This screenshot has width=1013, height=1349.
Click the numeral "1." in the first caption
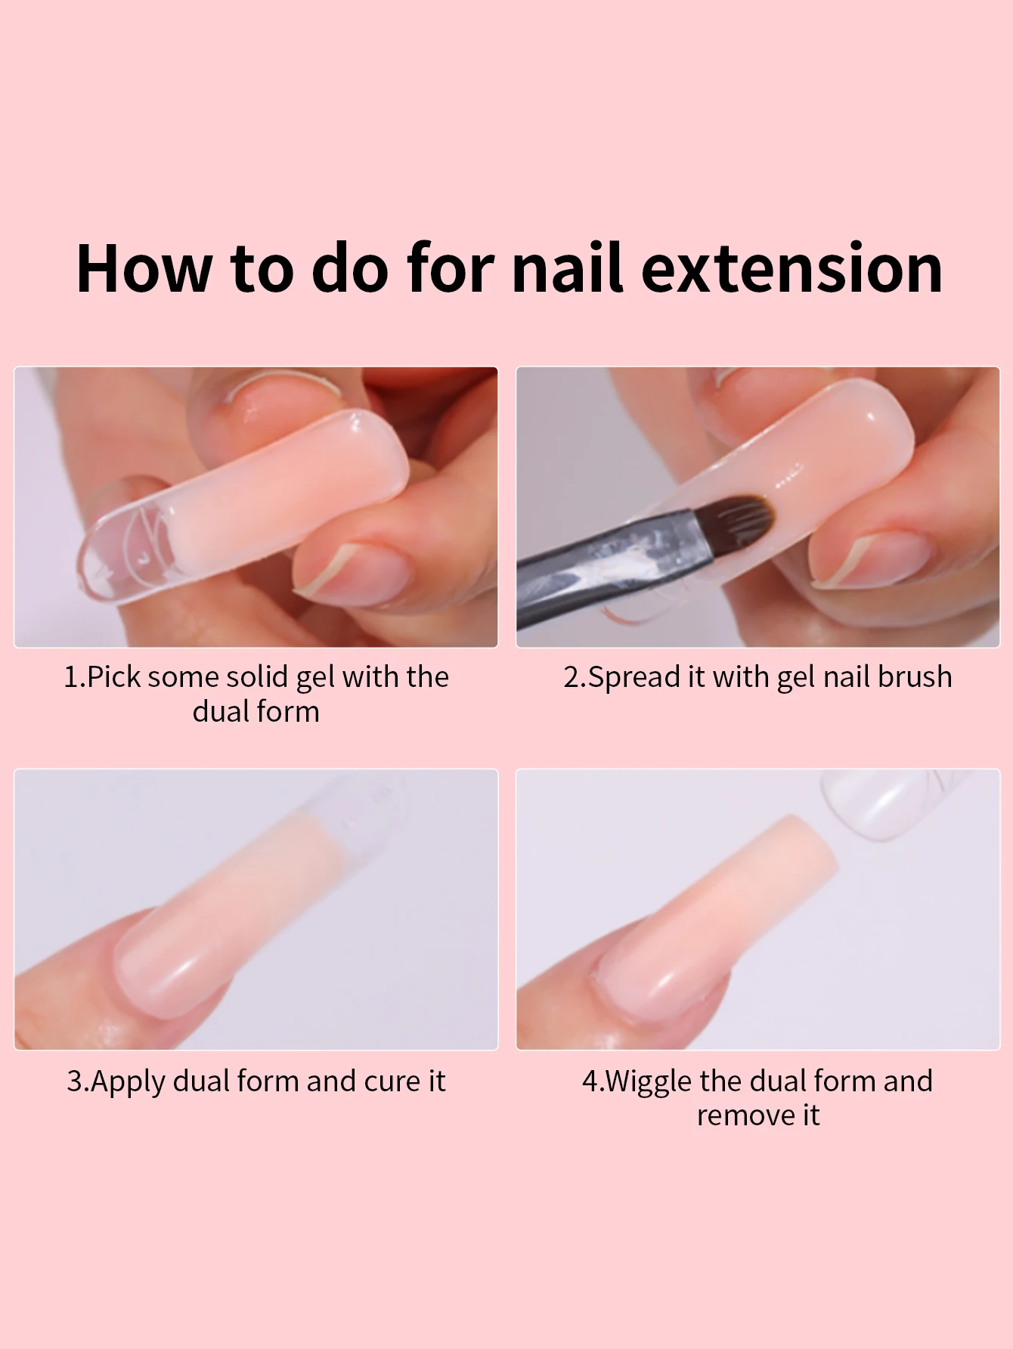coord(74,677)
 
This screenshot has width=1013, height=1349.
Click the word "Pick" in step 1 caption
coord(114,677)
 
